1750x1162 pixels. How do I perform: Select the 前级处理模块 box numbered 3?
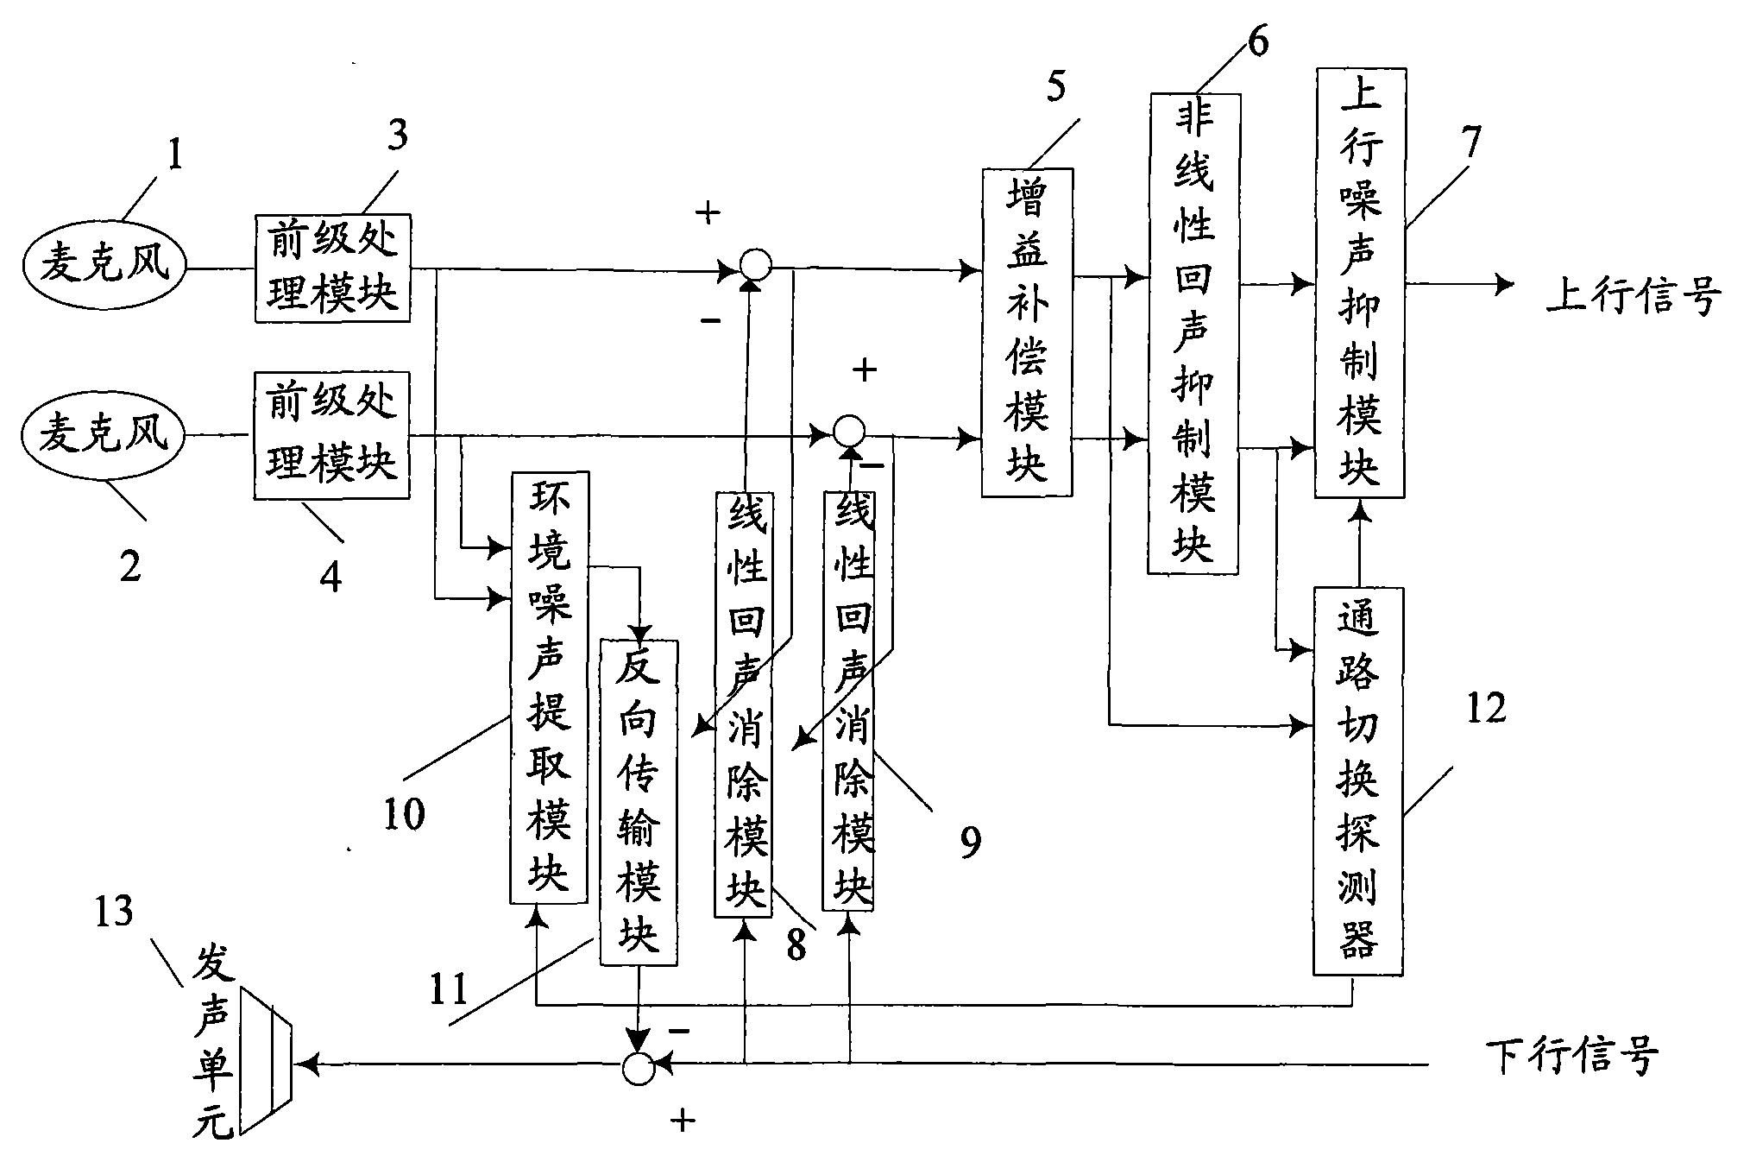[x=332, y=268]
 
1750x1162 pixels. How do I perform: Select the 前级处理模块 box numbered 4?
[x=332, y=434]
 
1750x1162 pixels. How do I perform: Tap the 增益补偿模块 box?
[x=1027, y=332]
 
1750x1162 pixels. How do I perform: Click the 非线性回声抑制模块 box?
[x=1193, y=333]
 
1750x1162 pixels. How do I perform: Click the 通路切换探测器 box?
[x=1358, y=780]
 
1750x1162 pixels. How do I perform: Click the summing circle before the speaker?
[x=639, y=1069]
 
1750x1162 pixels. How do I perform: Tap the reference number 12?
[x=1484, y=709]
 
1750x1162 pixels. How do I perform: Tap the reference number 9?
[x=970, y=841]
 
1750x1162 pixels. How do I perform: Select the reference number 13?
[x=114, y=912]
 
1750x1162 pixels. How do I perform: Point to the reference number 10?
[x=404, y=812]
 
